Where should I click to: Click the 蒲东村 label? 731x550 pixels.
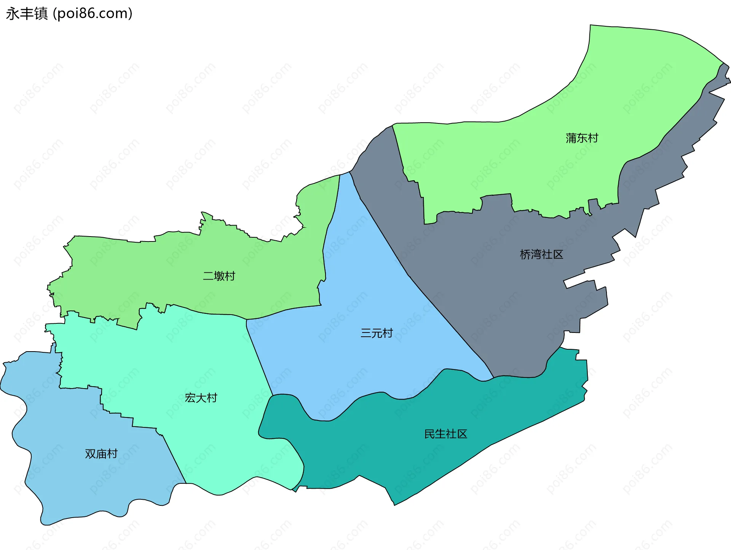(x=582, y=138)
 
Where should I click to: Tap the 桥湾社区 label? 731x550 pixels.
(x=541, y=254)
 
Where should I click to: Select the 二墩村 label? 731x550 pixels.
(x=219, y=276)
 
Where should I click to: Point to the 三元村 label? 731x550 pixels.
(x=377, y=333)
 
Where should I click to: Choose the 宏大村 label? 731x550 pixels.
(x=201, y=398)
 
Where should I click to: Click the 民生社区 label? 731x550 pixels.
(x=445, y=434)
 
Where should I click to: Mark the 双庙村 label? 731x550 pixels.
(x=101, y=454)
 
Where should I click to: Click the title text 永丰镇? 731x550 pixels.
(x=27, y=14)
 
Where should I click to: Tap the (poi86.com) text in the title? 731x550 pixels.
(x=93, y=14)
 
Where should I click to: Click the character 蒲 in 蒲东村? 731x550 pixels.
(x=571, y=138)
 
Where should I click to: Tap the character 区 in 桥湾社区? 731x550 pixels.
(x=558, y=254)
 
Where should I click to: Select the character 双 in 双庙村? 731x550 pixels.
(x=90, y=454)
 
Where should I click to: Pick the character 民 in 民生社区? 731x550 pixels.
(x=429, y=434)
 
